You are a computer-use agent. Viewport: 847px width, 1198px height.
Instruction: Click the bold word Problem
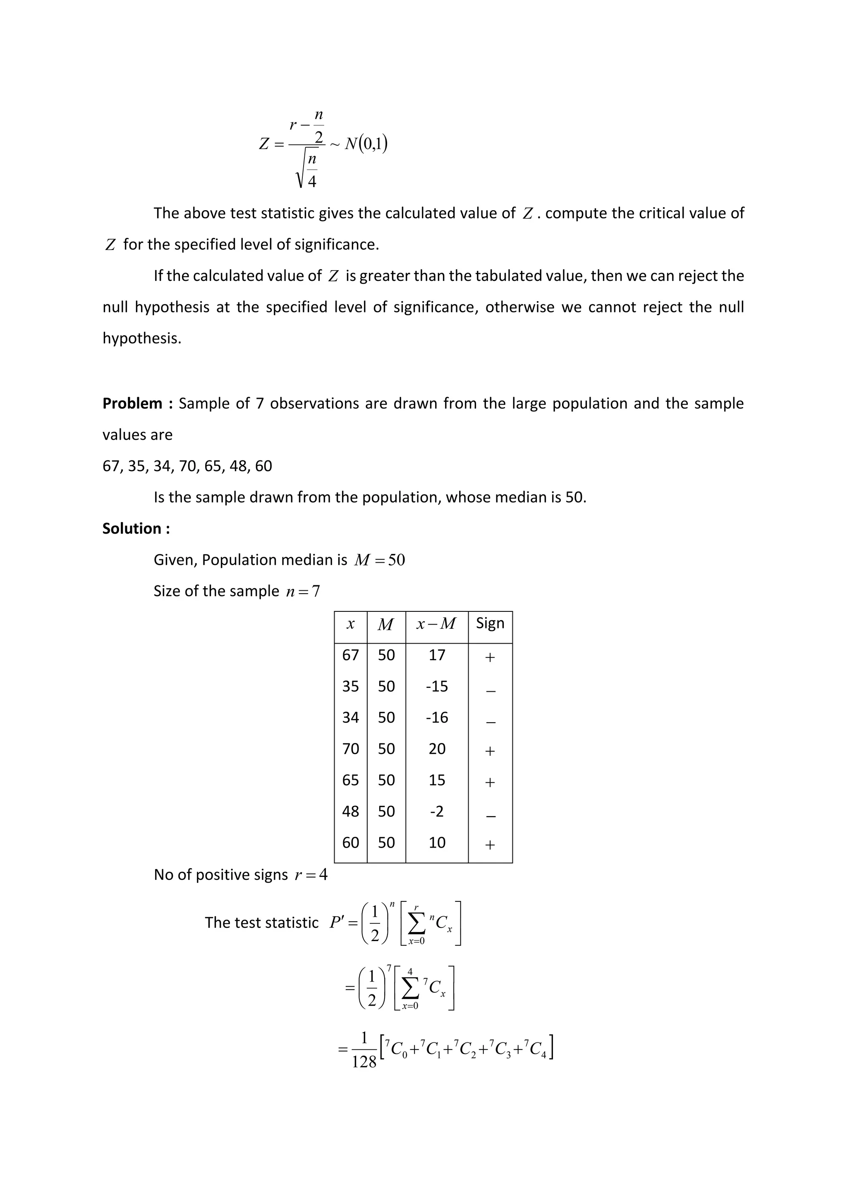click(x=132, y=403)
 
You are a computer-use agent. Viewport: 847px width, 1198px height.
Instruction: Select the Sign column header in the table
click(x=490, y=623)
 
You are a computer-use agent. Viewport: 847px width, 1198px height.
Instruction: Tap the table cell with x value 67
click(x=350, y=655)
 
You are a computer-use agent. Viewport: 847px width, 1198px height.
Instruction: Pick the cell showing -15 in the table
click(x=437, y=686)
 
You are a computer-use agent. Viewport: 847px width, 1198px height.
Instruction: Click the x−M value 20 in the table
click(x=437, y=749)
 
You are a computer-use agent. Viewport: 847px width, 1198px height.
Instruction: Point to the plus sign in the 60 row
click(x=490, y=844)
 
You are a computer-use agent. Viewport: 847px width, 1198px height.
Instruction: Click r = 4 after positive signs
click(x=311, y=875)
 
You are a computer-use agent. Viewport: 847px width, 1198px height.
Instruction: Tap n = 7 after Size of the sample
click(x=303, y=591)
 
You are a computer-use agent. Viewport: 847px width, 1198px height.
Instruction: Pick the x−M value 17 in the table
click(x=437, y=655)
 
